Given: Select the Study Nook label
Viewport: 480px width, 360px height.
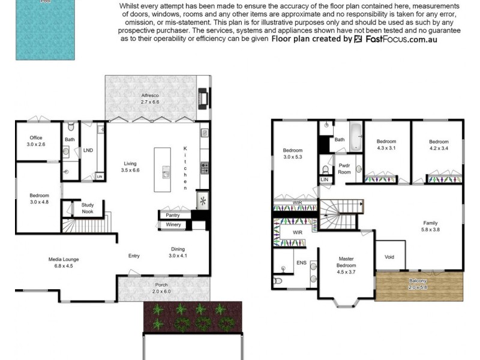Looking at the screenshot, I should point(88,208).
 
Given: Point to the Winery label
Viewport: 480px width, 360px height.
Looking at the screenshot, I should point(173,225).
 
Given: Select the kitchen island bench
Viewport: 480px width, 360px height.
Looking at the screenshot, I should point(163,170).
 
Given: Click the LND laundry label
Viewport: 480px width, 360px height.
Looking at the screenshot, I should point(88,150).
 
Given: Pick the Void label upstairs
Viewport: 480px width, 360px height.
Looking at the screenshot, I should point(389,257).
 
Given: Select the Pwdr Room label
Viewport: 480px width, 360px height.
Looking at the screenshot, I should point(344,167).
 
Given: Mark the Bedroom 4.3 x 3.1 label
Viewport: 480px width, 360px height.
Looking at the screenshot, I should point(387,145).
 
